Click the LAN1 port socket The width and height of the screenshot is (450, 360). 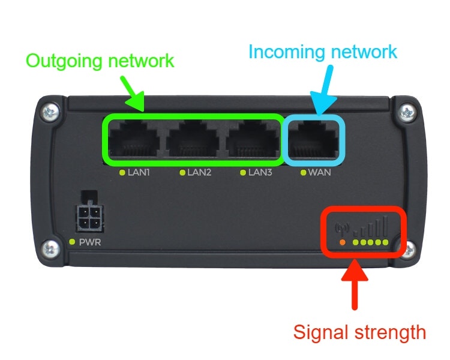[134, 140]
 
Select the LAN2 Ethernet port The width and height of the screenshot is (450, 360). [193, 140]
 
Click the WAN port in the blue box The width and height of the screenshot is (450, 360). [313, 140]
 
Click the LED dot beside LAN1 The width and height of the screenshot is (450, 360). [122, 173]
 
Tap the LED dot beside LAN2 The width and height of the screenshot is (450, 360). [182, 173]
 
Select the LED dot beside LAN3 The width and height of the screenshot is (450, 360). [243, 173]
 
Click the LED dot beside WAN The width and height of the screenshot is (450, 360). [304, 173]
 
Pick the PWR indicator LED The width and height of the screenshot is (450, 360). [72, 242]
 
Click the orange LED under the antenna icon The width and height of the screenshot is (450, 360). [342, 242]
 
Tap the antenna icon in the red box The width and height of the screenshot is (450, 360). [342, 228]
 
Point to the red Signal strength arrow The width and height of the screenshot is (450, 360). [355, 284]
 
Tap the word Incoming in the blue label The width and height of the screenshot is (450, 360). [287, 52]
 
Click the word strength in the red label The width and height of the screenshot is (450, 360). [391, 332]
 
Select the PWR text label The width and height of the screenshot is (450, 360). [90, 242]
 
